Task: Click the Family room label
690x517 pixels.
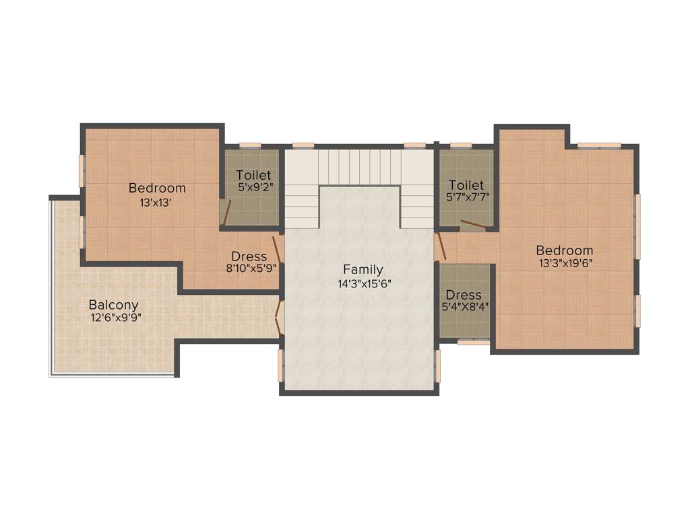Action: pos(363,270)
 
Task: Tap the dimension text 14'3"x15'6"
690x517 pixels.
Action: pos(365,283)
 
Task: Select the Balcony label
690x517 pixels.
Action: pos(113,305)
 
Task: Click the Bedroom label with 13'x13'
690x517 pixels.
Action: pos(157,188)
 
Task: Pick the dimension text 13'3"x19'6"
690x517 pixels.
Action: pos(565,263)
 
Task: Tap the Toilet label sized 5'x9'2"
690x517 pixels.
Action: pos(253,175)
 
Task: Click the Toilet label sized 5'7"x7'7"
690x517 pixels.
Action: pos(466,184)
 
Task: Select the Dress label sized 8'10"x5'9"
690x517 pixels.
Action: pos(249,256)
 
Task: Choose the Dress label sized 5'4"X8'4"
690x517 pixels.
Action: pos(464,295)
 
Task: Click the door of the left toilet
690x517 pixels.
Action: pos(226,211)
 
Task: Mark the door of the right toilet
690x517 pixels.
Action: pos(473,224)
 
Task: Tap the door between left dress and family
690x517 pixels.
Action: pos(276,248)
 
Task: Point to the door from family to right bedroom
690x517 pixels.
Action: pos(440,246)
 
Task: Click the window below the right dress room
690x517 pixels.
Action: pos(473,343)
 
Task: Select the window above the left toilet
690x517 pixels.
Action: pos(250,145)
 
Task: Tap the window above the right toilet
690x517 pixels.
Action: pos(461,145)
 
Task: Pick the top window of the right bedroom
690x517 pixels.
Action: pos(599,145)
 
